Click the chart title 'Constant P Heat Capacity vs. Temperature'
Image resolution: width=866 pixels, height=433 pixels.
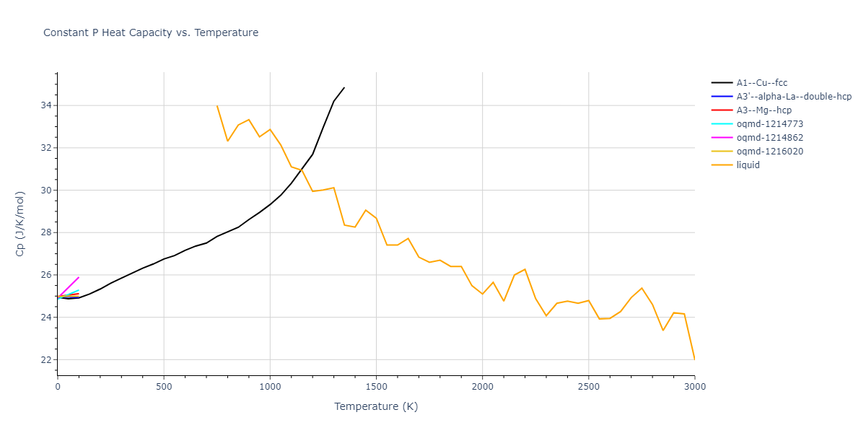click(151, 32)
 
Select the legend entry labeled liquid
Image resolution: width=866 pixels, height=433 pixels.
click(748, 165)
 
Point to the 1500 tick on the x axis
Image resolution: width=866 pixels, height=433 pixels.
click(376, 387)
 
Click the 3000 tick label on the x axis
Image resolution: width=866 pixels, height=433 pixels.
click(694, 387)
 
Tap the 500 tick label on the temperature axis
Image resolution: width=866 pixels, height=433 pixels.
click(164, 387)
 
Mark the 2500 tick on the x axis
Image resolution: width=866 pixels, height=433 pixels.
click(588, 387)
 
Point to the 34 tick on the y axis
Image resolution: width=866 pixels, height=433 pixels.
click(45, 105)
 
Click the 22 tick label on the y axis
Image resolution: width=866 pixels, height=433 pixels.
click(45, 360)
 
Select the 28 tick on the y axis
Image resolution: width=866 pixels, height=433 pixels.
click(45, 232)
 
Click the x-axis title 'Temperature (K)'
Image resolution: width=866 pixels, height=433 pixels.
click(376, 407)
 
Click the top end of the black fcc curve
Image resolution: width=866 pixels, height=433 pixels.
click(344, 87)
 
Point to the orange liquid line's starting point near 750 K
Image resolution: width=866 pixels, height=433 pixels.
click(217, 106)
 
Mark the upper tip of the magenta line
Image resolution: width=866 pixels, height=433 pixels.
click(79, 277)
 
